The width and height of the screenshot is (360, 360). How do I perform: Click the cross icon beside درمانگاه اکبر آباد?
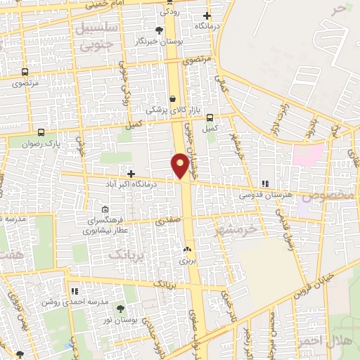pos(131,173)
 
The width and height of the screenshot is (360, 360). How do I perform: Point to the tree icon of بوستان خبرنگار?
pos(159,30)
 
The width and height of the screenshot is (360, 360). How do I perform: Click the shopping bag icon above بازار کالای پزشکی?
pos(173,98)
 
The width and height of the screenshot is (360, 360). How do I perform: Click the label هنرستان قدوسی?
pos(264,195)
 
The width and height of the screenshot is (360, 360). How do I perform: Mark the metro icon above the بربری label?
pos(187,250)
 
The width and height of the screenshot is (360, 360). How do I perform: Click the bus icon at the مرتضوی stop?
pos(26,72)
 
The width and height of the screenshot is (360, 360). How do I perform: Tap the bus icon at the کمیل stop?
pos(209,118)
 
